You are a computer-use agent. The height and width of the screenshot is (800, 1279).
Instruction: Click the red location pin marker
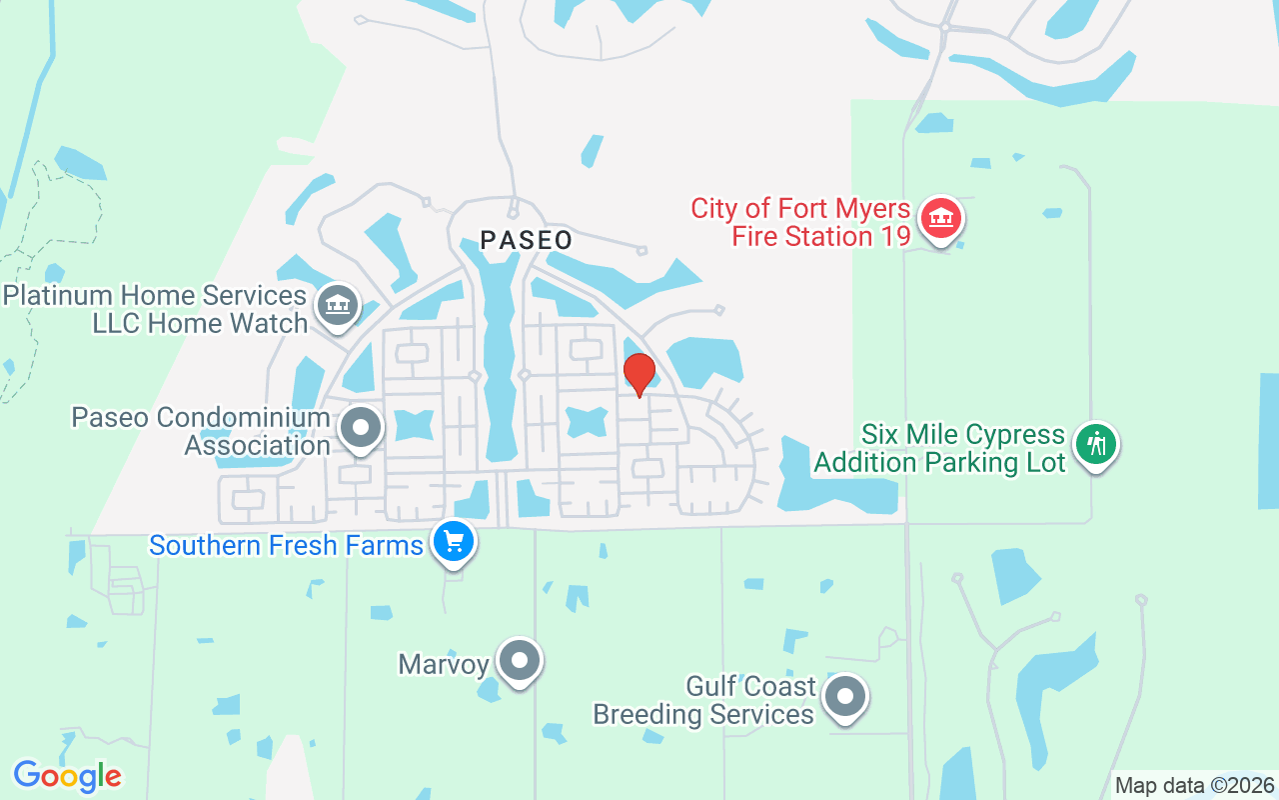639,374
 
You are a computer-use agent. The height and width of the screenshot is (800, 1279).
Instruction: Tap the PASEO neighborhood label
527,240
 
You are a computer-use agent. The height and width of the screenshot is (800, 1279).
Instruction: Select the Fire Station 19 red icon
939,219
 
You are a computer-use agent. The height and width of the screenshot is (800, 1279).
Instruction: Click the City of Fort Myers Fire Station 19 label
801,223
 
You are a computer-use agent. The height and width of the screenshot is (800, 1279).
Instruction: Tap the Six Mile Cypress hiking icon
1096,444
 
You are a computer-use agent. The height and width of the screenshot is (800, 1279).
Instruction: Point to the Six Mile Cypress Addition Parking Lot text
939,449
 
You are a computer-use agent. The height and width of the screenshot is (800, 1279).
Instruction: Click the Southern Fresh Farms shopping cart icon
454,542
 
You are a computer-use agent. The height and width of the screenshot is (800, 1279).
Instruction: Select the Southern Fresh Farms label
287,546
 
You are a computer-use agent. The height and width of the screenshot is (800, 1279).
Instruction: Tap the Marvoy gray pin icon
519,660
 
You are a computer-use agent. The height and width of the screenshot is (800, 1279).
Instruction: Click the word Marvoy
444,664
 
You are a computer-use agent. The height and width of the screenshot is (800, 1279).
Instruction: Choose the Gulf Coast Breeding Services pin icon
845,696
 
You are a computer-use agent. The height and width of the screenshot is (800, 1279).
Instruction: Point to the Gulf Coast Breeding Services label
704,701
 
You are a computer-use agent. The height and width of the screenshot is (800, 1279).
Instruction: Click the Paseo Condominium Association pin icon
361,429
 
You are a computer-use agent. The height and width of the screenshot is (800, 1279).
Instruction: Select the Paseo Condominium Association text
201,431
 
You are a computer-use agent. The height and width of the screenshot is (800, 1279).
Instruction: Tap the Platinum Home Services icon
337,305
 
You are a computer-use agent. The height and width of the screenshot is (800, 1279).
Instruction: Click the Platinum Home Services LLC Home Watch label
155,310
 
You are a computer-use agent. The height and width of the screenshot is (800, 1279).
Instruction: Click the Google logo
67,776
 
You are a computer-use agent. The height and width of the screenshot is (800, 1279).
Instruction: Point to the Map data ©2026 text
1195,786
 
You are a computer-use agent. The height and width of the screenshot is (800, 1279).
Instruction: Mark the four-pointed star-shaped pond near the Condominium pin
412,425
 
